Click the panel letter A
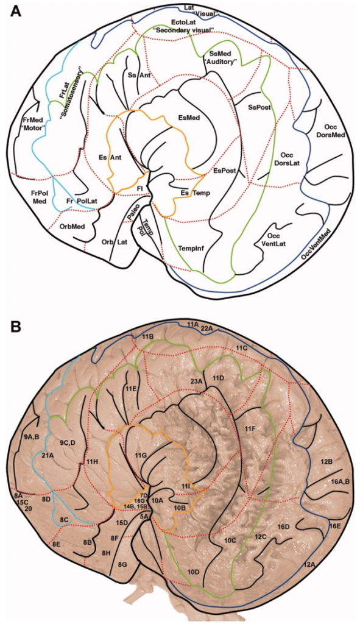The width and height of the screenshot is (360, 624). [15, 10]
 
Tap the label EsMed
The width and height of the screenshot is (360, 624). [189, 118]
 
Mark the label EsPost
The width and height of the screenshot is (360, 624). [225, 171]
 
